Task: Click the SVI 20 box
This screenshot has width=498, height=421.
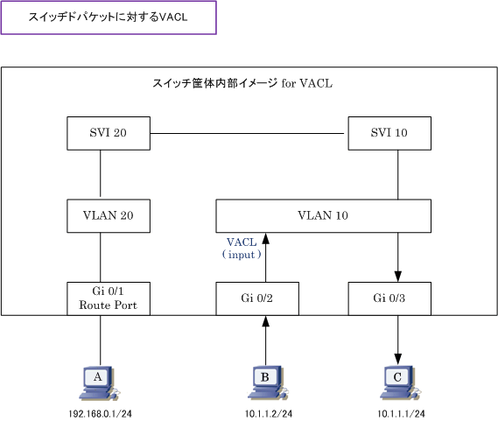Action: click(x=109, y=133)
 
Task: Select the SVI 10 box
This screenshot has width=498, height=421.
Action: click(x=389, y=133)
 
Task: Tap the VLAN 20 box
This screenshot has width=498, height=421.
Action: click(x=109, y=215)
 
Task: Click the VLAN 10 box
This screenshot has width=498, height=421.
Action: click(x=323, y=215)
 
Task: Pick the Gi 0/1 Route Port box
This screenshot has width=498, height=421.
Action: click(x=109, y=298)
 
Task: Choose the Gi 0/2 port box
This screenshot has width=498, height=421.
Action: click(x=257, y=298)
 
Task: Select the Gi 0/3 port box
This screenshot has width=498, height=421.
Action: click(x=389, y=298)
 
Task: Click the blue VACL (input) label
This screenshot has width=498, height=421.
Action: click(x=242, y=249)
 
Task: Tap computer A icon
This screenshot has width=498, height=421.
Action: click(x=99, y=383)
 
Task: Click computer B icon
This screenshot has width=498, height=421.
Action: click(x=268, y=383)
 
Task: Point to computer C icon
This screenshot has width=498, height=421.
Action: click(x=400, y=383)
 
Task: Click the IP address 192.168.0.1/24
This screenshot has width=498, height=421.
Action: click(x=100, y=414)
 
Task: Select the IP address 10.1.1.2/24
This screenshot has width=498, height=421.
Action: click(x=269, y=414)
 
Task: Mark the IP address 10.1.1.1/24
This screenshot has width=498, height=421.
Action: click(x=401, y=414)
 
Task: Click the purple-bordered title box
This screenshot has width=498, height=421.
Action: click(x=109, y=18)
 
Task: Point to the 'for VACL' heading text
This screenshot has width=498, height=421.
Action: click(x=307, y=83)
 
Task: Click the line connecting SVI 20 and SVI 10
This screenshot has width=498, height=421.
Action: click(x=247, y=133)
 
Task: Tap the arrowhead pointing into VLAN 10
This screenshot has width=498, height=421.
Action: click(x=266, y=239)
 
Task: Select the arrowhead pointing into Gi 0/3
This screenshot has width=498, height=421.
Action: click(x=398, y=276)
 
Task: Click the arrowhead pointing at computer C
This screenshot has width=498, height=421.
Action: click(x=398, y=359)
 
